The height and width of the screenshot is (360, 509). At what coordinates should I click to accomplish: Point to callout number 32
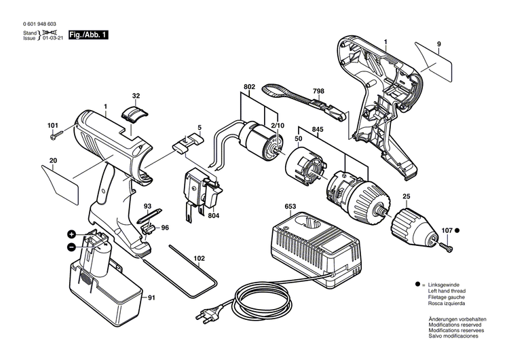136,96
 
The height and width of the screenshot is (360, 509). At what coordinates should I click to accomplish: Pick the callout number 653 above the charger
291,206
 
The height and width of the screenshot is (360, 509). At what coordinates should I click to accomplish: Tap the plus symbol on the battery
71,234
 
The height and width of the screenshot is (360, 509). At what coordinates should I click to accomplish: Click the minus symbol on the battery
71,249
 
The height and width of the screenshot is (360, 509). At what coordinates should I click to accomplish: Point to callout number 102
199,259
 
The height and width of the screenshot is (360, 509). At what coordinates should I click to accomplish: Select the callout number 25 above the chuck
406,198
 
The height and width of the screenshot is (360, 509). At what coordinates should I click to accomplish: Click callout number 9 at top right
439,44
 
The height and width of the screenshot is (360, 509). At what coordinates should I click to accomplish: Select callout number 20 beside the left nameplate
52,161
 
